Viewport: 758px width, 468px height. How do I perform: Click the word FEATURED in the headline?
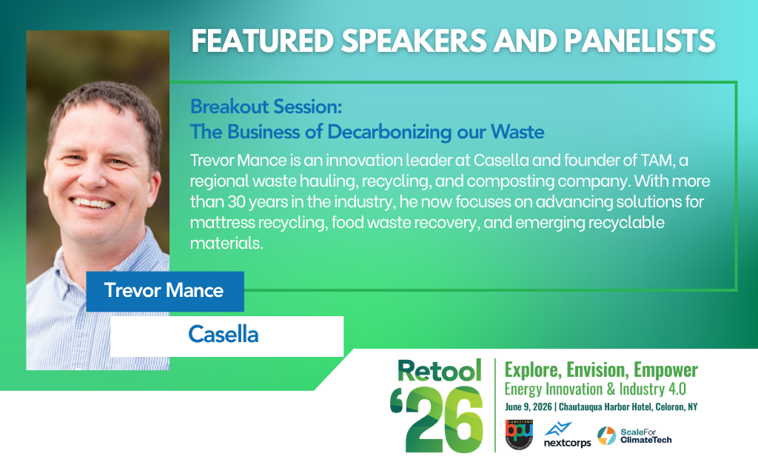(263, 41)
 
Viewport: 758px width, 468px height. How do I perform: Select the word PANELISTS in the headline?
(640, 41)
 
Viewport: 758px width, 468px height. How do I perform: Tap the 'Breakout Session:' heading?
(266, 107)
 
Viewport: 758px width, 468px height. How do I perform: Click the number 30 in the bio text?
(236, 201)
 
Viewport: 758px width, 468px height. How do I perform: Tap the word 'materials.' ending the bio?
(227, 243)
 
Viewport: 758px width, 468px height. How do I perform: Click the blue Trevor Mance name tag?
(165, 291)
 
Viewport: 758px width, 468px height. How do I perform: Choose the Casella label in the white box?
(224, 334)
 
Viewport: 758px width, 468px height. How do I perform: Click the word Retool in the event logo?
(440, 371)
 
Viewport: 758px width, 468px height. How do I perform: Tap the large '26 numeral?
(437, 419)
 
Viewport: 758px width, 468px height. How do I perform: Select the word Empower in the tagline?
(665, 370)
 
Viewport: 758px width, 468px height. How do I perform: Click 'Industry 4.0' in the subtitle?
(653, 390)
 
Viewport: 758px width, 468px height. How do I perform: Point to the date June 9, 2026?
(529, 407)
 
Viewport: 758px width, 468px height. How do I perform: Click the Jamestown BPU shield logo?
(519, 434)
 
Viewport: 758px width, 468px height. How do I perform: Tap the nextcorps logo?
(567, 435)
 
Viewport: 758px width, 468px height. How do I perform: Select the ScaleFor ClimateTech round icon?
(606, 435)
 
